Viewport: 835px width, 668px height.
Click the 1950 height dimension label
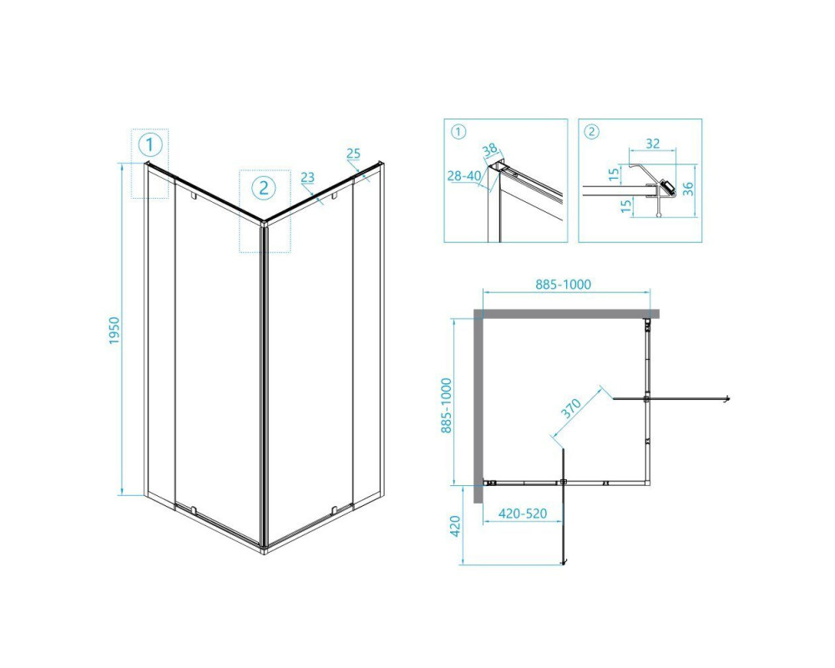(x=115, y=331)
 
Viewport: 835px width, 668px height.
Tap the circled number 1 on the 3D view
(x=149, y=144)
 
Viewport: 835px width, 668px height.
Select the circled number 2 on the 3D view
(x=264, y=187)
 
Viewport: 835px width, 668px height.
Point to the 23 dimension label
(x=308, y=177)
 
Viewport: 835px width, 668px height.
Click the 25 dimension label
(x=353, y=154)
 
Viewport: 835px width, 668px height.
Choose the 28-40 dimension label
(x=464, y=175)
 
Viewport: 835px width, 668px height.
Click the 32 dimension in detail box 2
(x=653, y=144)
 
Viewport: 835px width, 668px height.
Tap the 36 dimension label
(x=689, y=189)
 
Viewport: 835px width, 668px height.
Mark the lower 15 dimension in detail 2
(x=627, y=205)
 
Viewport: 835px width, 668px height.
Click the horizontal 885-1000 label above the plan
(x=563, y=285)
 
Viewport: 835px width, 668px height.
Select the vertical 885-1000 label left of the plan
(x=446, y=406)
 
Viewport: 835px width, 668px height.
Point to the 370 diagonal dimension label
(x=571, y=408)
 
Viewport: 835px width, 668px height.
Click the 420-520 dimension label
(x=523, y=514)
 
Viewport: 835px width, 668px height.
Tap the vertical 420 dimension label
(x=455, y=526)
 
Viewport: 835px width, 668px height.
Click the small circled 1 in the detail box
(x=458, y=132)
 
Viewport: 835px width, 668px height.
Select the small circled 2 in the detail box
(x=592, y=132)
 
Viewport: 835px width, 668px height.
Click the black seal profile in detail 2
(x=667, y=188)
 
